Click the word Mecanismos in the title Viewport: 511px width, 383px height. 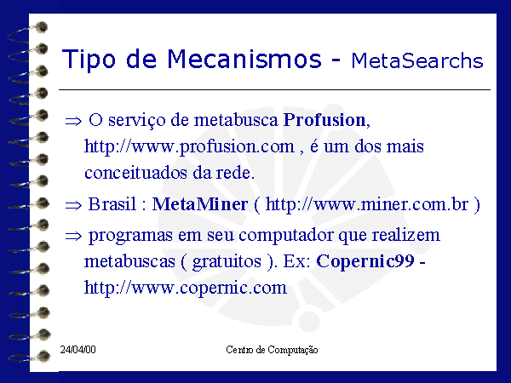244,59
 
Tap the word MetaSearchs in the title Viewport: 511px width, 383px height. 417,60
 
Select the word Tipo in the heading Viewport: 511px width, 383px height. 89,60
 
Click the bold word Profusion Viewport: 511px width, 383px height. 324,120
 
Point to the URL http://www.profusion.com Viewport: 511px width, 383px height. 189,146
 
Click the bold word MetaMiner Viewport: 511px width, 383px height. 200,204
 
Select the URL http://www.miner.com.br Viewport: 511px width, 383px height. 367,204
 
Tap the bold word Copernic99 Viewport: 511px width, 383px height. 365,261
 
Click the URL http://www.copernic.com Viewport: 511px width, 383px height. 186,288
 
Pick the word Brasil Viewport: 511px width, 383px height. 112,204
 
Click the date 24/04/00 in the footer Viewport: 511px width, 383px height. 78,350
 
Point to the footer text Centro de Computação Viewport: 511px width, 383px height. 272,350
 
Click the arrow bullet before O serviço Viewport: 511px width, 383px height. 73,121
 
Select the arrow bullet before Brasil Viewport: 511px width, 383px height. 73,205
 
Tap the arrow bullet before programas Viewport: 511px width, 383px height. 73,236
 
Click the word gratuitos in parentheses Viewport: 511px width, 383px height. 227,262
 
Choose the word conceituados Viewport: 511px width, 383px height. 136,173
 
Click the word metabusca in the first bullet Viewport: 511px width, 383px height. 236,120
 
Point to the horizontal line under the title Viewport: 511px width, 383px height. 274,89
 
